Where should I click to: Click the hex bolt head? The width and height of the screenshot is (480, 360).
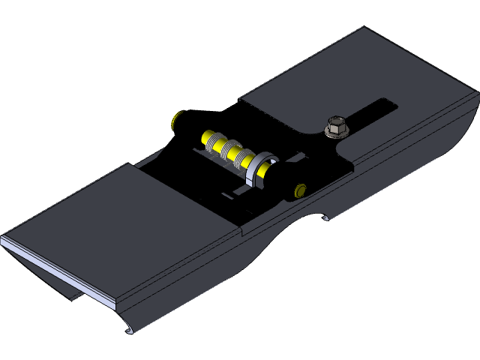point(336,124)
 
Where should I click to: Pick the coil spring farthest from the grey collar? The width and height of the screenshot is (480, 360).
point(214,142)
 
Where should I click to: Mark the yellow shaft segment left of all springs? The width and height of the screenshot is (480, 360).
point(205,137)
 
